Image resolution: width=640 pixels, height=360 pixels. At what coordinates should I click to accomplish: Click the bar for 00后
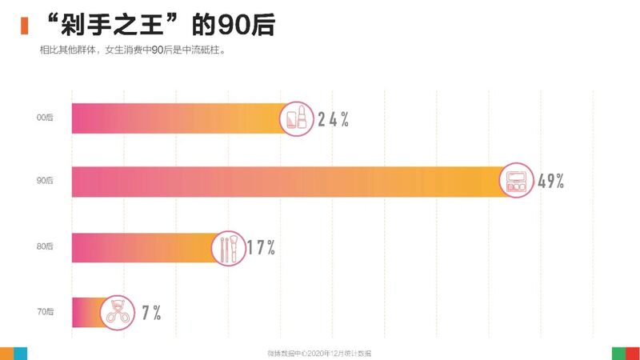coord(176,118)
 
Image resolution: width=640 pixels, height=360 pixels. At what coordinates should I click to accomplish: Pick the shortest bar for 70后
coord(86,312)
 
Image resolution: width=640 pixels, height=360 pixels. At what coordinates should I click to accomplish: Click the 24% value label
coord(333,120)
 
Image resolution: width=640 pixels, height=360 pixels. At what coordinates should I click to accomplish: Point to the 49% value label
coord(551,182)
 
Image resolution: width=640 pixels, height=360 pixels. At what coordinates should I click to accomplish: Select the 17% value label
coord(261,248)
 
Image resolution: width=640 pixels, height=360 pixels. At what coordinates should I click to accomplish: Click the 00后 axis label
coord(45,118)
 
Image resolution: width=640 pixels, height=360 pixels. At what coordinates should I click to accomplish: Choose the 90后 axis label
coord(45,182)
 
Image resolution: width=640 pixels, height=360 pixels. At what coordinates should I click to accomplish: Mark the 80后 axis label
coord(45,247)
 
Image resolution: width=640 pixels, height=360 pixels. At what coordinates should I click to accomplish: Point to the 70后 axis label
coord(45,312)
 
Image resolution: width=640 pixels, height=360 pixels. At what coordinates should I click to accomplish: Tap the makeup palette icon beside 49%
coord(515,182)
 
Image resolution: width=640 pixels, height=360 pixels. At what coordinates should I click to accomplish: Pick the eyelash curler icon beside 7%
coord(118,312)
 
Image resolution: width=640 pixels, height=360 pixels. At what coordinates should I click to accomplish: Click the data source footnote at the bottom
coord(320,353)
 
